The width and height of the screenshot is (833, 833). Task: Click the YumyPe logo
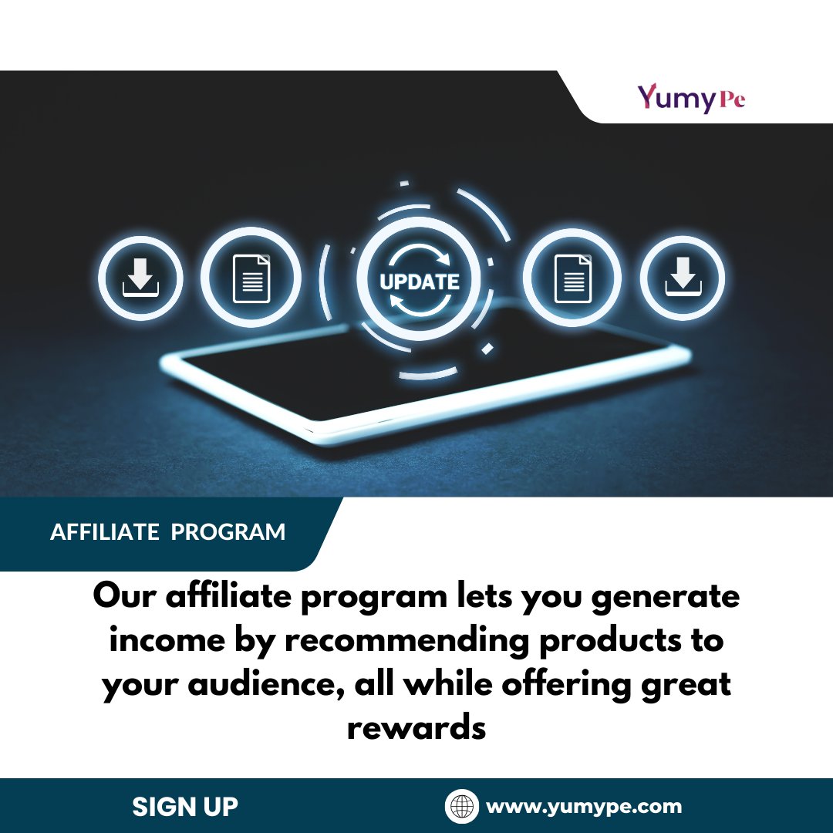click(x=690, y=99)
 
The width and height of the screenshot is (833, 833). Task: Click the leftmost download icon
click(x=140, y=278)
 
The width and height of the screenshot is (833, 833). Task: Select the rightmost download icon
click(x=683, y=278)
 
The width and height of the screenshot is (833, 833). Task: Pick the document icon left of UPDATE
click(x=251, y=278)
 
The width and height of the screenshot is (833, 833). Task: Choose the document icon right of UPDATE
click(x=572, y=278)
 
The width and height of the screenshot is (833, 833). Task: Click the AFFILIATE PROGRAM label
click(x=167, y=532)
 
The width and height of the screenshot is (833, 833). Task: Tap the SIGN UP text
click(x=185, y=807)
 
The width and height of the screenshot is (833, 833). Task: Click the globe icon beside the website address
click(x=462, y=807)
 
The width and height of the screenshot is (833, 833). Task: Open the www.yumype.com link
click(x=584, y=807)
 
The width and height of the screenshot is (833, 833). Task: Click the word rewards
click(x=416, y=728)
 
